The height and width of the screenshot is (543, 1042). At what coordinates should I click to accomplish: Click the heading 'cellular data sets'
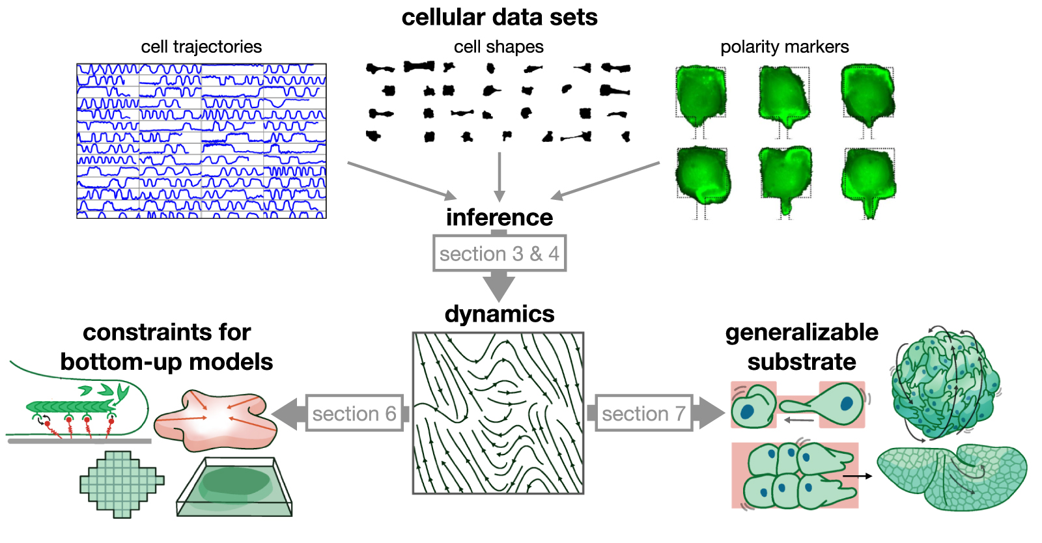[499, 18]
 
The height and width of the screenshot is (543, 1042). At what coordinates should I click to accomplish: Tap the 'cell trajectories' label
[201, 47]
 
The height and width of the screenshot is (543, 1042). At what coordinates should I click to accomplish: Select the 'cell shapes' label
[498, 47]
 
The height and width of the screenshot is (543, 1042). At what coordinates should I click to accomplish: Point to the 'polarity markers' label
[784, 47]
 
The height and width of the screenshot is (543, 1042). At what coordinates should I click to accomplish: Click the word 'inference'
[499, 217]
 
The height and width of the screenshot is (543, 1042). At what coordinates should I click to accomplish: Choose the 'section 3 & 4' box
[499, 253]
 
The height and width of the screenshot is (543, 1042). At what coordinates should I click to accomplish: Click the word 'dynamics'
[499, 314]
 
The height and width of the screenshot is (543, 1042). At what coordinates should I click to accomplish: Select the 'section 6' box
[354, 413]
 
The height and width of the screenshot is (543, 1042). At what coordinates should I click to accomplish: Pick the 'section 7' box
[643, 413]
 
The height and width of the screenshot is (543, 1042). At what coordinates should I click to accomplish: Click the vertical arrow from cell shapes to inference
[500, 176]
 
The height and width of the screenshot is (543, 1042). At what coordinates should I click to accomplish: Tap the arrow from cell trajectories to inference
[401, 180]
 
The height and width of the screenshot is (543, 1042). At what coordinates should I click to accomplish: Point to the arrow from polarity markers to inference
[606, 180]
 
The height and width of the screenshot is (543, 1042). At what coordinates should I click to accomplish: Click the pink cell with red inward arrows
[215, 420]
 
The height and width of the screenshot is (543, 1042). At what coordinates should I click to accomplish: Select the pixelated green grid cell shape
[122, 483]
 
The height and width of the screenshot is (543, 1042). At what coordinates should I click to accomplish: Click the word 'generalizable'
[801, 332]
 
